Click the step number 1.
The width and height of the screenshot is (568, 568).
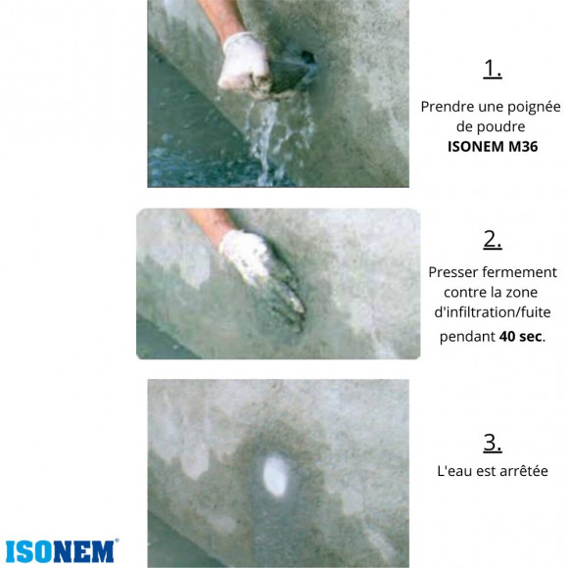coord(493,69)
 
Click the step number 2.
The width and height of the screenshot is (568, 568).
coord(493,239)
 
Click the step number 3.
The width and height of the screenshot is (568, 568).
coord(493,442)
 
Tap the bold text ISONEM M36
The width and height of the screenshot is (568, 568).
coord(492,147)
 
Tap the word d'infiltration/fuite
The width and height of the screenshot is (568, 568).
coord(493,313)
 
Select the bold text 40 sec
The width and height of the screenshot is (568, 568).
coord(521,336)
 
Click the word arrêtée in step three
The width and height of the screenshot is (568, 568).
coord(521,471)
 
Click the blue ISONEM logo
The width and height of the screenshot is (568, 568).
coord(61,550)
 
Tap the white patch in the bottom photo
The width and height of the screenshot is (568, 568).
coord(276,478)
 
